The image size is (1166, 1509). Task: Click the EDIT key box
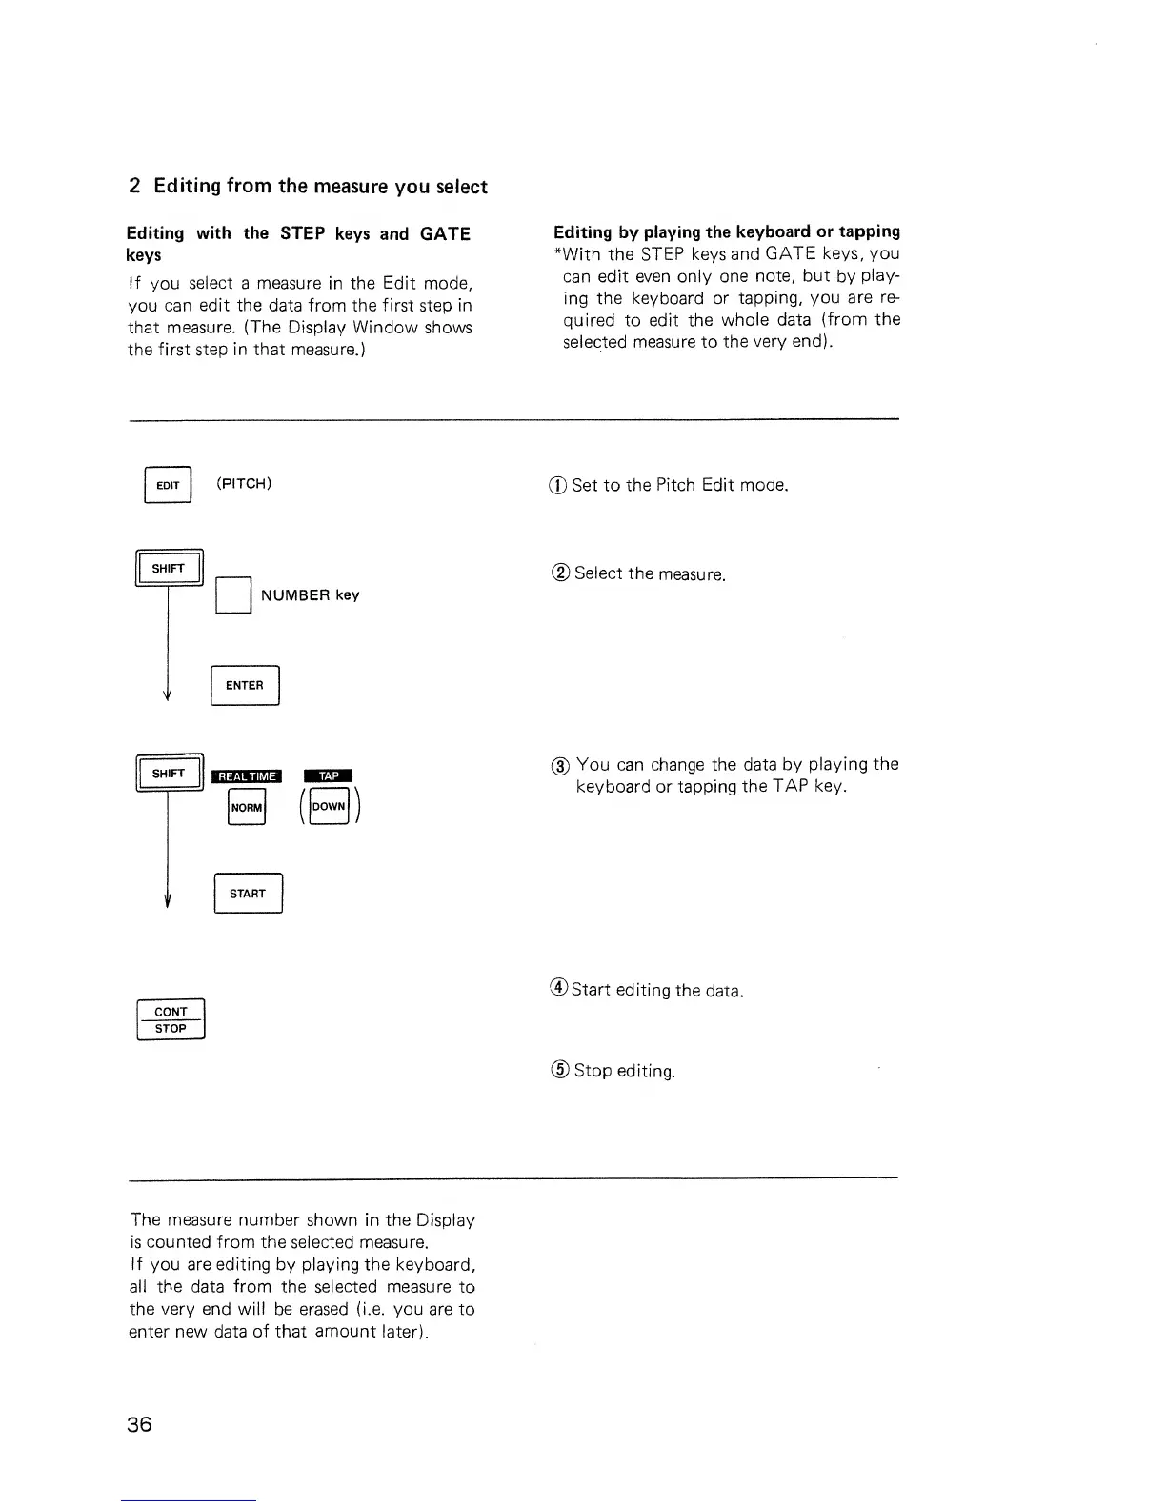[x=168, y=485]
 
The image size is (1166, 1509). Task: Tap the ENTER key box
[x=244, y=686]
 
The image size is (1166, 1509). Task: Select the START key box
[x=248, y=894]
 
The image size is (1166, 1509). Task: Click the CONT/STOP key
[x=171, y=1020]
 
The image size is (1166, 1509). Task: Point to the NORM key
[x=247, y=808]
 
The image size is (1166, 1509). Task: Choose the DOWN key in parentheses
[x=329, y=807]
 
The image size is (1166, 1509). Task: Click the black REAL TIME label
[x=247, y=776]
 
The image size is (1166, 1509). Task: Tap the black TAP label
[x=329, y=775]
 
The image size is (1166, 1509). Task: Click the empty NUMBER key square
[x=233, y=595]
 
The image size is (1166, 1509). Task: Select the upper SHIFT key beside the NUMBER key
[x=169, y=569]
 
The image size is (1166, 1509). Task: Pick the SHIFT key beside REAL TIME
[x=169, y=774]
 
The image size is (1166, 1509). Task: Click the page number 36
[x=140, y=1424]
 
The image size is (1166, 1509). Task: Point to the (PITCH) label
[x=244, y=483]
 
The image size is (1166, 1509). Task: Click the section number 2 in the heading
[x=134, y=187]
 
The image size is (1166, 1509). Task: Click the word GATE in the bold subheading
[x=445, y=233]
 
